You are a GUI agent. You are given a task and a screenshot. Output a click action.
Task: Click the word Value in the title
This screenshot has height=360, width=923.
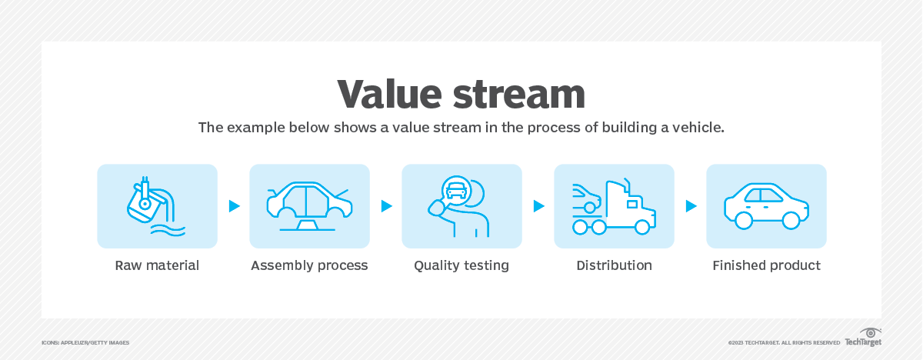(389, 94)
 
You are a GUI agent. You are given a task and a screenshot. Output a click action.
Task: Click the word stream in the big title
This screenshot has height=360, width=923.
(518, 95)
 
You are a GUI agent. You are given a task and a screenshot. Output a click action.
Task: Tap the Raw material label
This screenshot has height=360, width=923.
(157, 265)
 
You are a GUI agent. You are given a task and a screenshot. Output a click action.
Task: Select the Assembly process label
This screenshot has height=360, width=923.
(309, 265)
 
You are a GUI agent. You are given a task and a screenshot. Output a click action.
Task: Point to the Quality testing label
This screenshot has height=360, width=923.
(461, 265)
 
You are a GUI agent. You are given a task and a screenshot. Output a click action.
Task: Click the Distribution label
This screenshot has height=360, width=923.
(614, 265)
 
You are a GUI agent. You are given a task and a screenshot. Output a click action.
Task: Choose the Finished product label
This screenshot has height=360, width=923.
(766, 265)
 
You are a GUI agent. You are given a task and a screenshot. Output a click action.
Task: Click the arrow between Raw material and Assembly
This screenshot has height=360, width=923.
(234, 206)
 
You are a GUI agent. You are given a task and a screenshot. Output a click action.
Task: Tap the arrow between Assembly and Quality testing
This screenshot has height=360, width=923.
(386, 206)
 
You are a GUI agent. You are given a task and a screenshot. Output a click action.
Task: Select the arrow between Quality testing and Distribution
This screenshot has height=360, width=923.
(538, 206)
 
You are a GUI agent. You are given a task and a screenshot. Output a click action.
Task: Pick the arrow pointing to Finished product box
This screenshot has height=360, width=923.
(691, 206)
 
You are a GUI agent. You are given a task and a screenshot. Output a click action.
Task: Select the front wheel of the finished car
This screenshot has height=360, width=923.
(791, 220)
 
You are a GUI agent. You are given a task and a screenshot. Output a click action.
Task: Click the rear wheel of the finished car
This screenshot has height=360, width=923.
(744, 220)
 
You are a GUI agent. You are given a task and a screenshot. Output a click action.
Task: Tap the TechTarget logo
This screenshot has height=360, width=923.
(863, 338)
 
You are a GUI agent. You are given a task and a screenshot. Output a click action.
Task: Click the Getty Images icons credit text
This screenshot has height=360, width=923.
(85, 343)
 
